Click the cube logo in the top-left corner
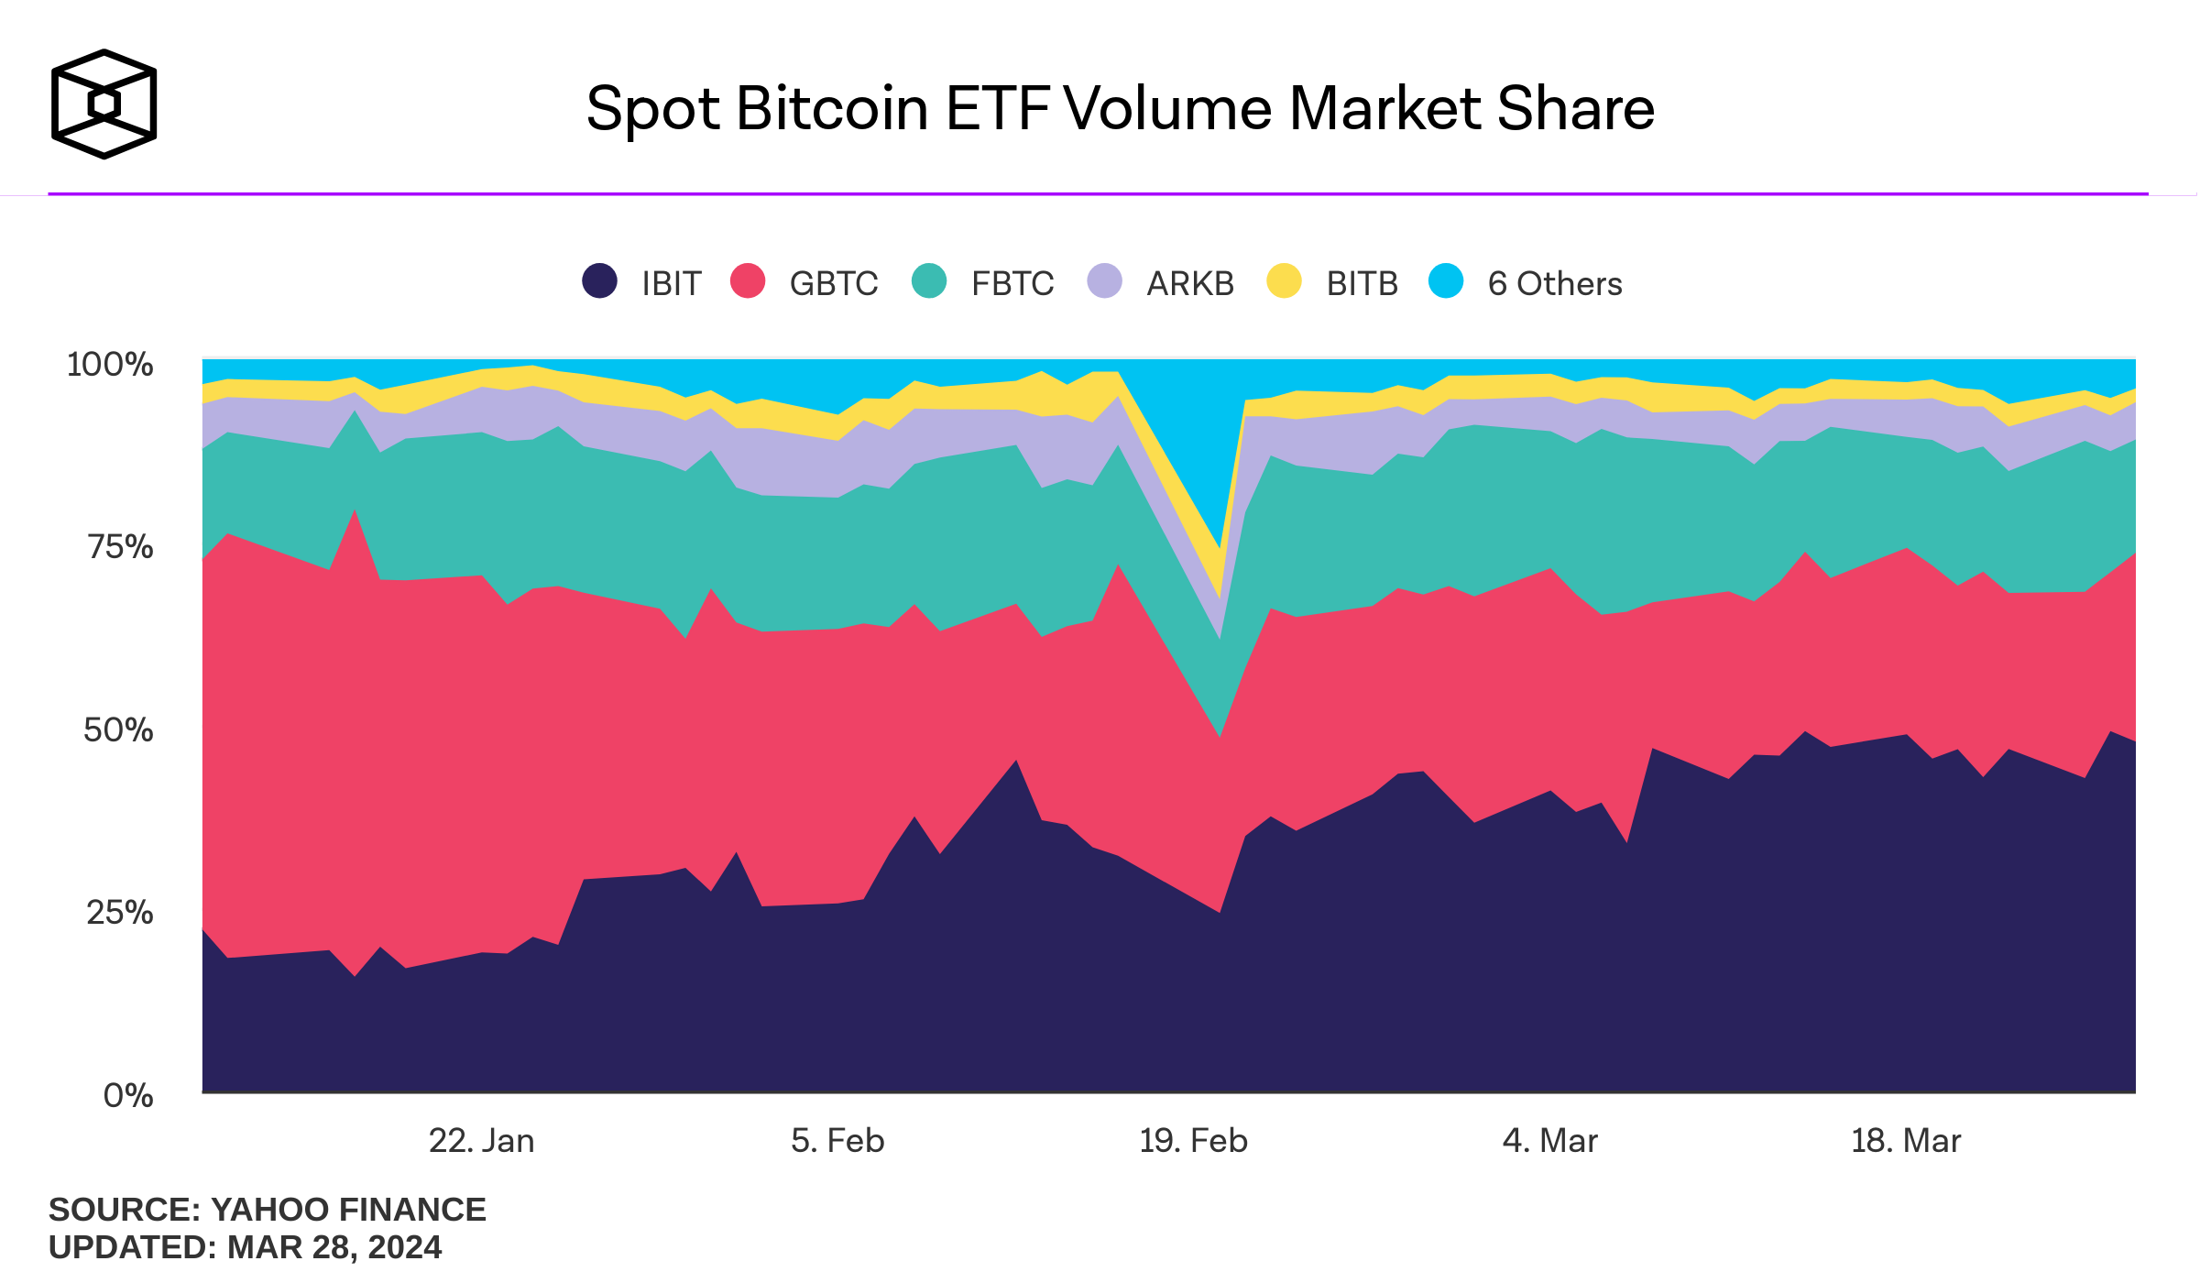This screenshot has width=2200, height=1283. tap(104, 104)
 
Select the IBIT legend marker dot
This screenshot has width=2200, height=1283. tap(599, 280)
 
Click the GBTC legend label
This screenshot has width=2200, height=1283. tap(833, 284)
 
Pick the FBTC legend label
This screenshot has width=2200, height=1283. tap(1012, 284)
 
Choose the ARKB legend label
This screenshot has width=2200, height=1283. tap(1190, 284)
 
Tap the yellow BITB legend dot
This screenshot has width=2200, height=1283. tap(1284, 280)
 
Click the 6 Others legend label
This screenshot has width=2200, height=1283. tap(1554, 284)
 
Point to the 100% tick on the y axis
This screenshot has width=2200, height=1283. tap(110, 364)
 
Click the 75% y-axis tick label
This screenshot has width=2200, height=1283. tap(120, 547)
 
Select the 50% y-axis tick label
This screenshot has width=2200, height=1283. tap(118, 729)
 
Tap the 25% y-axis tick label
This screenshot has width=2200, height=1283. tap(120, 912)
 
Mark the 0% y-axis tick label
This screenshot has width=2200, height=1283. tap(128, 1095)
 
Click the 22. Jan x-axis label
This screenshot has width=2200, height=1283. tap(482, 1141)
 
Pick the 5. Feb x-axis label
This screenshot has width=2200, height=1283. tap(837, 1141)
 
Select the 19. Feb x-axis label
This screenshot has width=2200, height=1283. tap(1193, 1141)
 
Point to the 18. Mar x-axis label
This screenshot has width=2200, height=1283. tap(1906, 1141)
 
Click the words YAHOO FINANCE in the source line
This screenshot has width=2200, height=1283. tap(348, 1210)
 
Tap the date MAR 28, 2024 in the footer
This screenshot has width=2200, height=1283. tap(334, 1247)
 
